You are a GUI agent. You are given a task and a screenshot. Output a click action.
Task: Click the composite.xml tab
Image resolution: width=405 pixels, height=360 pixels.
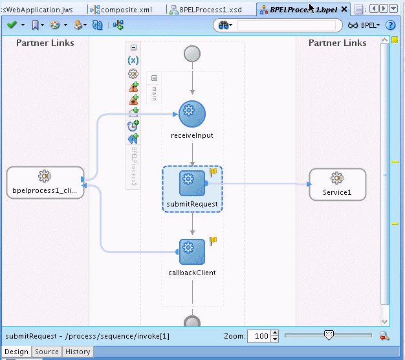point(126,10)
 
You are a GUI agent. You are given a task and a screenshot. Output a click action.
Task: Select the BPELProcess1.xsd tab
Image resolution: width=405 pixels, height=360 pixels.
point(206,10)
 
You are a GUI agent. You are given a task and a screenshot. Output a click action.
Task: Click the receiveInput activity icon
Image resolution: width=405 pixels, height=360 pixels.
point(192,114)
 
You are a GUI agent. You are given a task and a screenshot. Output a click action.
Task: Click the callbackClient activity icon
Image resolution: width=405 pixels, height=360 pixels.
point(192,251)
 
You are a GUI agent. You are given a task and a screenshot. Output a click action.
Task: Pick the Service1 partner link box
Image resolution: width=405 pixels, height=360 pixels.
point(337,185)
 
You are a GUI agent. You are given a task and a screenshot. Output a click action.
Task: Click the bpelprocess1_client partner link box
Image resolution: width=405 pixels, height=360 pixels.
point(45,183)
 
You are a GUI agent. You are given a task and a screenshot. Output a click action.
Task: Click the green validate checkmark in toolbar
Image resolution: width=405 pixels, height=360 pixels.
point(12,25)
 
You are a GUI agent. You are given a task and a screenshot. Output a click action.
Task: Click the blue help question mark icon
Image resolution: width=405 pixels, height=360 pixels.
point(390,25)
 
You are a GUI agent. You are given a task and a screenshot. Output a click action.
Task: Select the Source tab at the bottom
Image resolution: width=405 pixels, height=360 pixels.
point(47,352)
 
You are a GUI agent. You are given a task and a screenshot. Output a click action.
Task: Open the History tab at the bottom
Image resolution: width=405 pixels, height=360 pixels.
point(78,352)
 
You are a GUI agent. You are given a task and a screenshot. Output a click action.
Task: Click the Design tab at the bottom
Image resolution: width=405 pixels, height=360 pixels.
point(16,352)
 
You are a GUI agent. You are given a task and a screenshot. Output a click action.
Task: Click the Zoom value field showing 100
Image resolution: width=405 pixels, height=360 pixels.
point(258,336)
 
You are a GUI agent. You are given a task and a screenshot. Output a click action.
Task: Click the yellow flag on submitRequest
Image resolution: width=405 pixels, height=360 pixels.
point(212,172)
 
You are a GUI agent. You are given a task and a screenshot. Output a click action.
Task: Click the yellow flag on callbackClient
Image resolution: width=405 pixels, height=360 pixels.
point(212,241)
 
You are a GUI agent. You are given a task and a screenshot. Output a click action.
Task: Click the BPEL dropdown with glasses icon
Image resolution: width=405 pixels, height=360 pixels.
point(364,25)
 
